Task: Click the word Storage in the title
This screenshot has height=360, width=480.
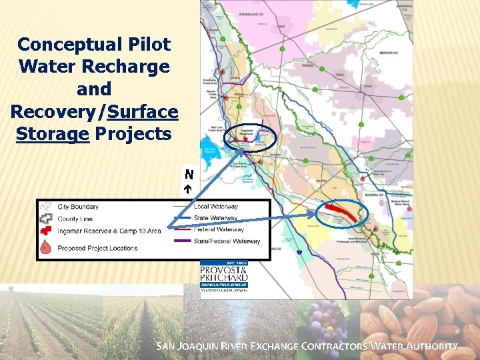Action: (x=53, y=133)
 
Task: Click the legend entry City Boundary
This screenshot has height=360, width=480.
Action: (x=78, y=207)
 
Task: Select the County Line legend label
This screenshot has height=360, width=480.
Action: (x=75, y=219)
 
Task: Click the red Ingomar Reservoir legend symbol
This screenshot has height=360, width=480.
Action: (x=46, y=231)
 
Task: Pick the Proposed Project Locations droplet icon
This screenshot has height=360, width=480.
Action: (x=46, y=247)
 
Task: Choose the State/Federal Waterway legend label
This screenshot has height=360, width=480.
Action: (x=227, y=241)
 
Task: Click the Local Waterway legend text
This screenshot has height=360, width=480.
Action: (x=215, y=207)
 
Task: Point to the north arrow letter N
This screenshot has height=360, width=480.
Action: (x=189, y=175)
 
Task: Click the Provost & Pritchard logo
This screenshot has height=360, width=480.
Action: (x=224, y=275)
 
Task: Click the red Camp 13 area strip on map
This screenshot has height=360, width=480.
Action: (x=341, y=214)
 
